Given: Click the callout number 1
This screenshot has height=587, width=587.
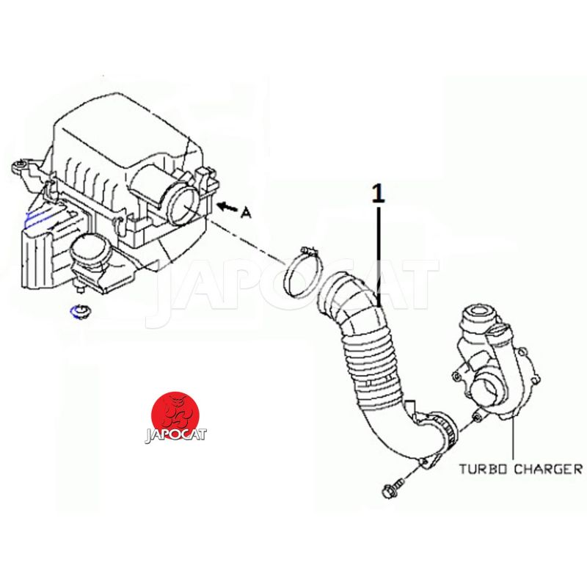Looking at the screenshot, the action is click(379, 193).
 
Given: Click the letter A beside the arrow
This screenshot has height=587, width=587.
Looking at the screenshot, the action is click(246, 213).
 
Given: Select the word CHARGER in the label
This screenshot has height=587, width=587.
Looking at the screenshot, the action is click(548, 469).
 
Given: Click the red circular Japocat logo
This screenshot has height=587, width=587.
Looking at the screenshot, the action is click(175, 415).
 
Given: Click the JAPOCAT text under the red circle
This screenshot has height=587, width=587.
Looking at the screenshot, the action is click(175, 435).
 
